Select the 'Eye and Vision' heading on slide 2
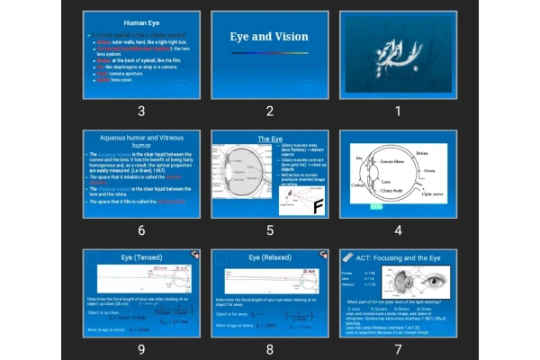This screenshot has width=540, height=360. [269, 37]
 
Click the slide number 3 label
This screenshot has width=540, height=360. [141, 111]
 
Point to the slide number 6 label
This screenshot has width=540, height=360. [141, 230]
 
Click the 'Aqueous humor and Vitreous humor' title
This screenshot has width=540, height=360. [141, 142]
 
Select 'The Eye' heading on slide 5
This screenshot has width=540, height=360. [270, 139]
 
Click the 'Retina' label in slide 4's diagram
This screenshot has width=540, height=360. [422, 154]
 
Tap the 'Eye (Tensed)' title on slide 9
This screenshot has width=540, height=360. [141, 257]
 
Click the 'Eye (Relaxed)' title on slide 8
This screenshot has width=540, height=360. [269, 257]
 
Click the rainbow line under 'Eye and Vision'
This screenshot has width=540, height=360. [269, 53]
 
